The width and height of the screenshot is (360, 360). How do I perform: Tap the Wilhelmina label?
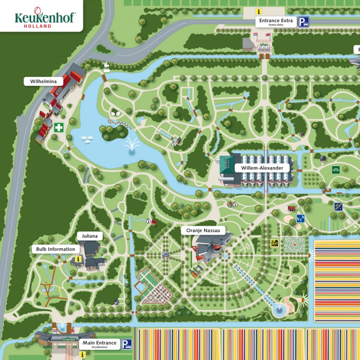[x=44, y=82]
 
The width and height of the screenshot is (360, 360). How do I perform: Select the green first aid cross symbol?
[x=59, y=128]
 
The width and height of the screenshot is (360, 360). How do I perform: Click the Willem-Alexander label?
[x=262, y=168]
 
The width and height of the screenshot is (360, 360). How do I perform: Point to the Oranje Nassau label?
[x=203, y=231]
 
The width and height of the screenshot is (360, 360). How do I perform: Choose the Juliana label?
[x=89, y=236]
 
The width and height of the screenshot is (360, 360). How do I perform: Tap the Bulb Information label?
[x=56, y=249]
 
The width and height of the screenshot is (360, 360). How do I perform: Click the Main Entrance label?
[x=99, y=343]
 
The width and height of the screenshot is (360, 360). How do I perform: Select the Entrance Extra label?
[x=276, y=21]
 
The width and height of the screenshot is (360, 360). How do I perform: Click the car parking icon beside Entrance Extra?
[x=304, y=22]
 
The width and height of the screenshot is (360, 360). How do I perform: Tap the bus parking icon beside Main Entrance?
[x=127, y=344]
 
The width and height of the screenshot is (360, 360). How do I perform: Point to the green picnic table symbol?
[x=336, y=169]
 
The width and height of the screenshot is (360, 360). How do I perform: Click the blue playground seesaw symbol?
[x=300, y=218]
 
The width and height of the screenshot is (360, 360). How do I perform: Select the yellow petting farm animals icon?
[x=275, y=243]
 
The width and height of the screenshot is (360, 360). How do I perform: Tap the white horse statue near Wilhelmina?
[x=106, y=66]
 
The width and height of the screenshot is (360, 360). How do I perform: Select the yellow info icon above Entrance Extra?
[x=259, y=12]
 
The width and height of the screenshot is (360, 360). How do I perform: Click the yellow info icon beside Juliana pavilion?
[x=78, y=259]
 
